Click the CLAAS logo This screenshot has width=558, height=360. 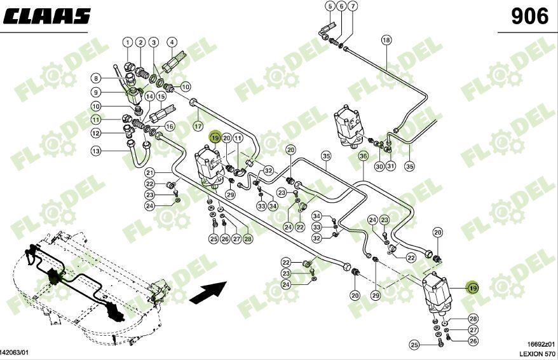point(46,16)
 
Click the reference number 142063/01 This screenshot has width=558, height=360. point(15,352)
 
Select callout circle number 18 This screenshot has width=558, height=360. point(386,40)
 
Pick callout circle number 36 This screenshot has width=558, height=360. point(363,156)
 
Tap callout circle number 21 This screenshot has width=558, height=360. point(150,173)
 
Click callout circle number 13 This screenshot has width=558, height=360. point(96,151)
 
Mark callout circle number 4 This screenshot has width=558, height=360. point(172,43)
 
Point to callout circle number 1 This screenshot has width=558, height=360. point(128,43)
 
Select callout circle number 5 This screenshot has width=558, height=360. point(330,6)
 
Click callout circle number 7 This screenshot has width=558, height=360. point(353,6)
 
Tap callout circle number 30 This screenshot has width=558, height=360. point(379,166)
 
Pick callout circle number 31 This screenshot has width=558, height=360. point(391,166)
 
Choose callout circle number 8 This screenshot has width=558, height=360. point(96,78)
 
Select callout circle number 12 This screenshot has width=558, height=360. point(96,133)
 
